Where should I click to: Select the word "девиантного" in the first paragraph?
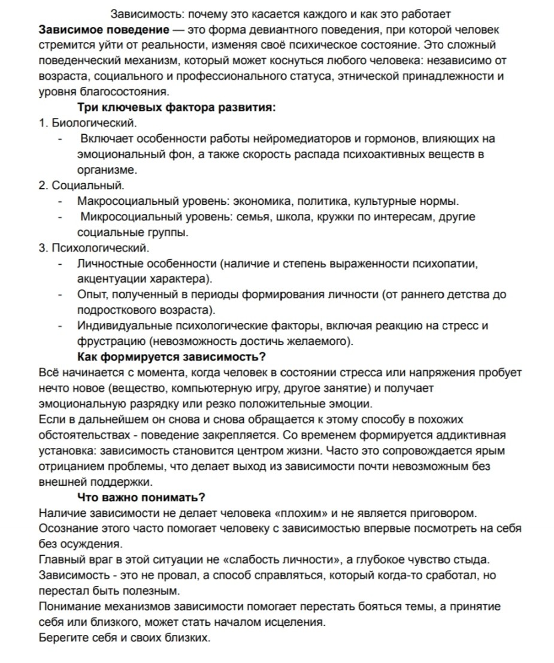tap(283, 29)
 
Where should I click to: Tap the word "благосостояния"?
tap(129, 92)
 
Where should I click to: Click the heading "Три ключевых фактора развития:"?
tap(176, 108)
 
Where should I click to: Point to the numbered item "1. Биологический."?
tap(87, 123)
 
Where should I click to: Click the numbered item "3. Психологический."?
tap(93, 248)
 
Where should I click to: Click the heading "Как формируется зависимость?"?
tap(172, 358)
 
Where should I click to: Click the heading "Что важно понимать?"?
tap(142, 498)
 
